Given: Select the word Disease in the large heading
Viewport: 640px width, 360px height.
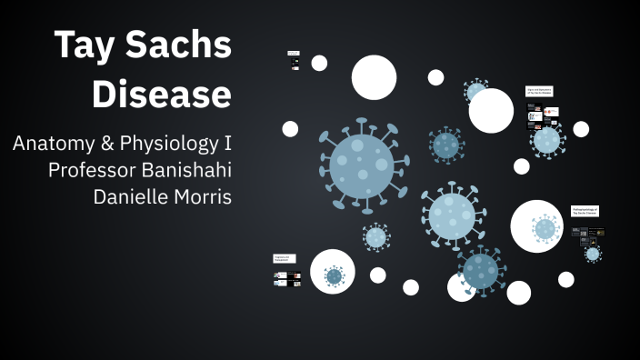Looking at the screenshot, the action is pyautogui.click(x=162, y=94).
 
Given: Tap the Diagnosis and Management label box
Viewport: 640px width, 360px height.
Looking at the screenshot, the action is pyautogui.click(x=284, y=258).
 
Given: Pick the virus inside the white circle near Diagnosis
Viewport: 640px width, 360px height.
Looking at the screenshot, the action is pyautogui.click(x=334, y=275).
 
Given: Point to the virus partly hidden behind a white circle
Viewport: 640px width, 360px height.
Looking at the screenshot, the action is pyautogui.click(x=475, y=90).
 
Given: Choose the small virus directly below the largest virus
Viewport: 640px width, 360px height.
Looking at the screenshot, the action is pyautogui.click(x=375, y=237).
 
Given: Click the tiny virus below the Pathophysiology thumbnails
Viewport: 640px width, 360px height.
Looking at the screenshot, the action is pyautogui.click(x=593, y=254).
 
